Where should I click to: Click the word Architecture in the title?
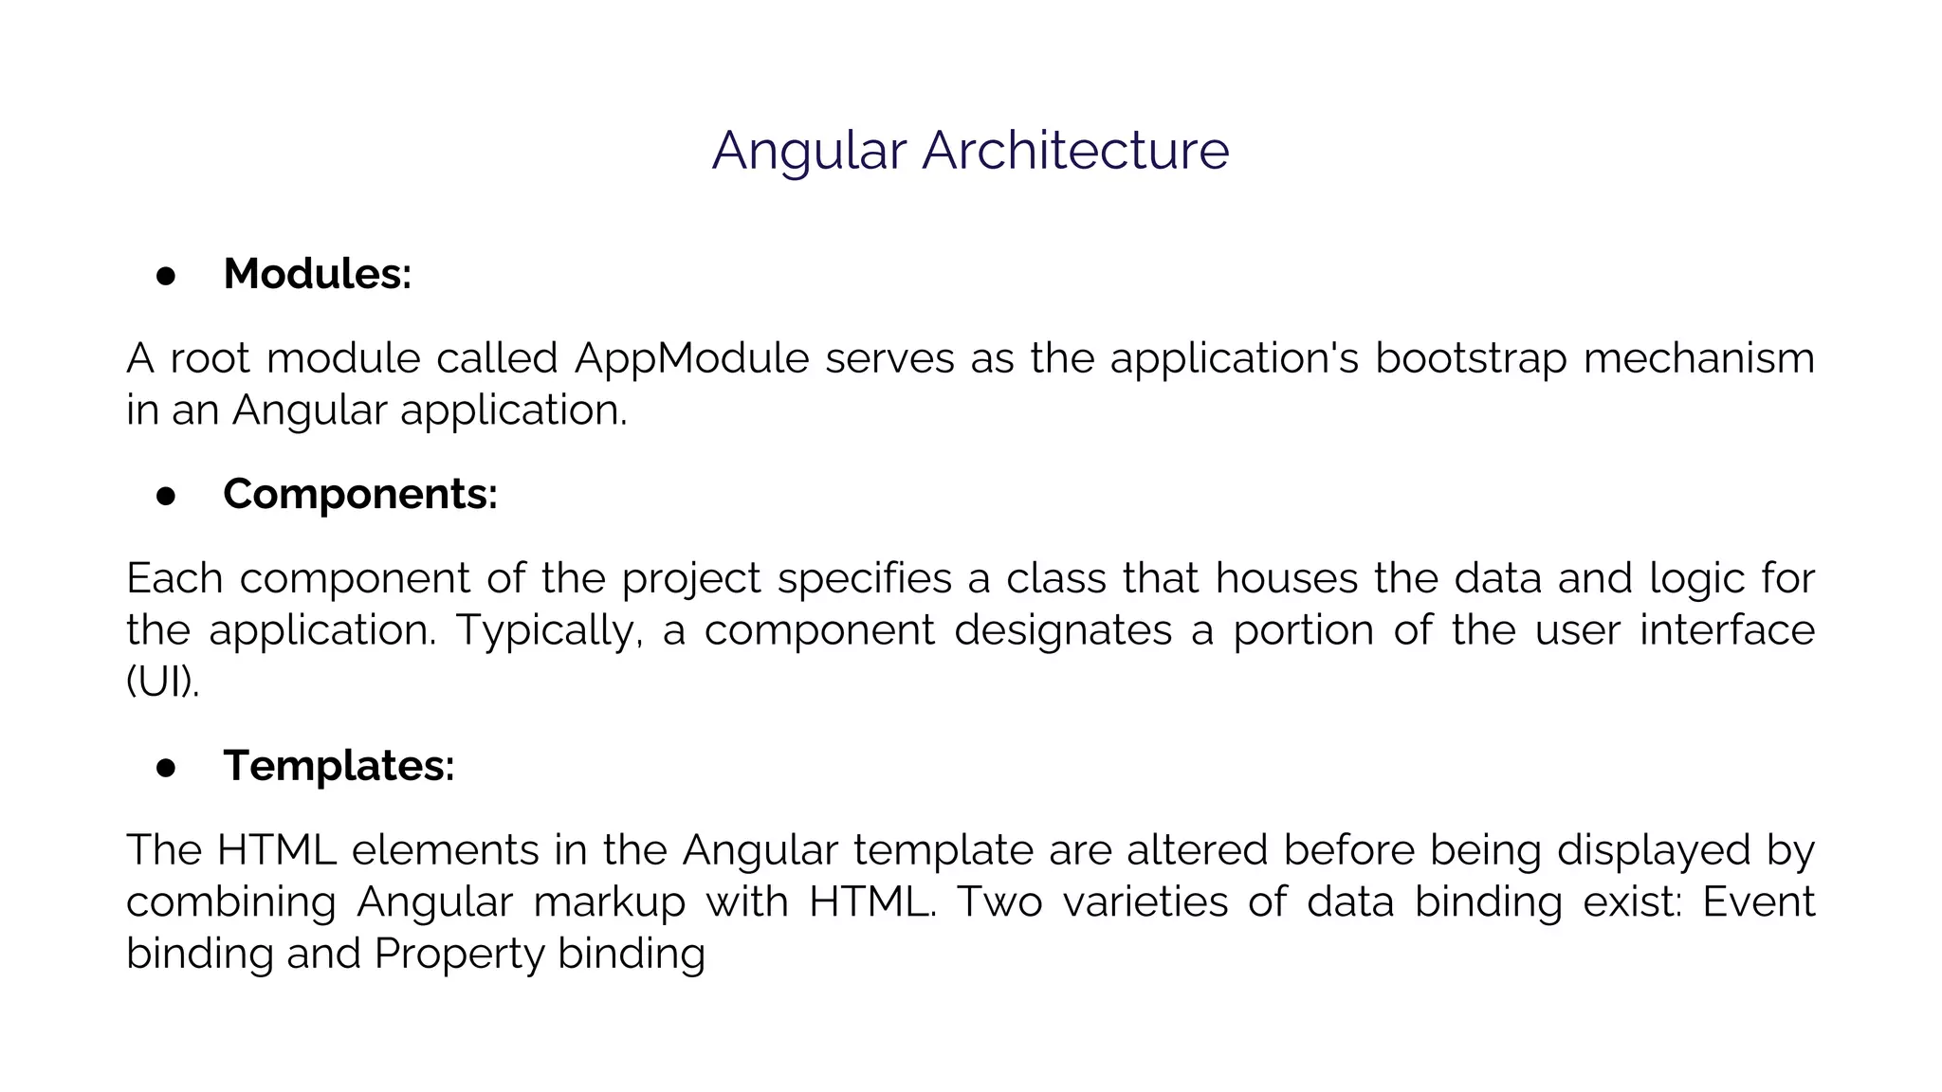(1075, 150)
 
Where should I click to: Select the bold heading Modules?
(317, 274)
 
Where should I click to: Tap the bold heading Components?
(360, 494)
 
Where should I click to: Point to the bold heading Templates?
(339, 765)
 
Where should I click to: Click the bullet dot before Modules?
(166, 276)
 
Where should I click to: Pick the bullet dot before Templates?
(166, 767)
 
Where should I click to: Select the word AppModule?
(691, 358)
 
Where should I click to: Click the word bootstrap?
(1471, 358)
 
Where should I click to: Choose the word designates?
(1063, 630)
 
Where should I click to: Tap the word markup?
(609, 901)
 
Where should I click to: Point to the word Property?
(458, 954)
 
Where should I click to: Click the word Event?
(1758, 901)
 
